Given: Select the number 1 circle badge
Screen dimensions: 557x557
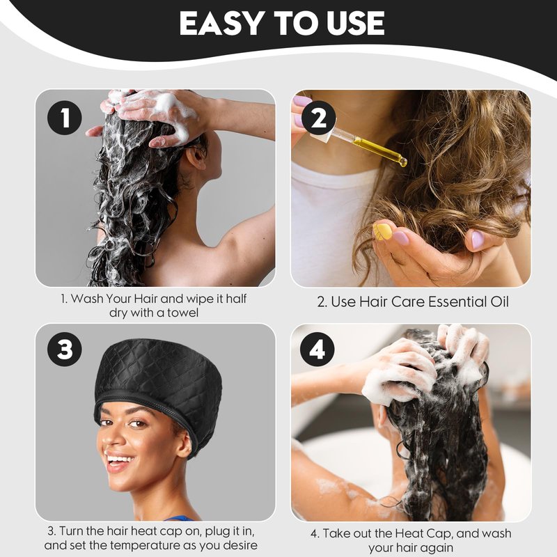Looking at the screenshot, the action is (65, 118).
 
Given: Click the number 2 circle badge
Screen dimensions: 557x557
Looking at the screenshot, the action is (318, 118).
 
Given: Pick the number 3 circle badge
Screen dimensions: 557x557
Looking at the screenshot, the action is (65, 349).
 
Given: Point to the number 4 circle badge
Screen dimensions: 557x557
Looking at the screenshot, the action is (317, 349).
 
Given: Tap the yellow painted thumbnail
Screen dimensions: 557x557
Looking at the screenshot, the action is (381, 231).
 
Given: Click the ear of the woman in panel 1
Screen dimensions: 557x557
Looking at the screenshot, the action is (196, 157).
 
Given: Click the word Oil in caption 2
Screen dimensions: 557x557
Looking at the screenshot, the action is (500, 302).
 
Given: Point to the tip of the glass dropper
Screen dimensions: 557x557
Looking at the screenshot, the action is (403, 163).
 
